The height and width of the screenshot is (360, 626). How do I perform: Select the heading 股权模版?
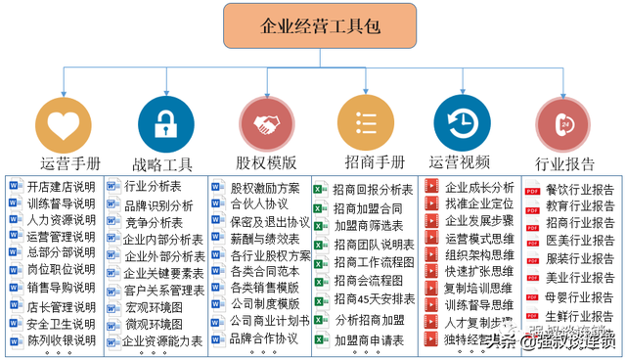point(266,162)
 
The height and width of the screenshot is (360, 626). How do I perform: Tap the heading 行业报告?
point(565,164)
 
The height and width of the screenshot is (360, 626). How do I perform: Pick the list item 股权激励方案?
point(265,188)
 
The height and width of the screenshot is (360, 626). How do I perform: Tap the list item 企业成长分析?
point(479,187)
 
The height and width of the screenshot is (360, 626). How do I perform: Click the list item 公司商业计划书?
point(270,321)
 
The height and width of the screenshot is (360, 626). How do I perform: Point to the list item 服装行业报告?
point(580,259)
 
